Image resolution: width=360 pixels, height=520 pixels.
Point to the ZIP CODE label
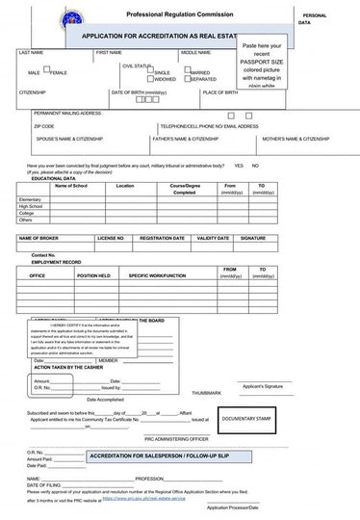(43, 126)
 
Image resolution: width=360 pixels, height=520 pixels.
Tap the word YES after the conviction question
(238, 166)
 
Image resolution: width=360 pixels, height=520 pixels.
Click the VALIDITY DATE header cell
(213, 237)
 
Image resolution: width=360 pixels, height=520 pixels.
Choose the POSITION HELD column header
(93, 275)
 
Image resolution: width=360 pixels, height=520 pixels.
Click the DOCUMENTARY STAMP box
(248, 419)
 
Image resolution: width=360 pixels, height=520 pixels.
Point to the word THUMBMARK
(206, 393)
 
